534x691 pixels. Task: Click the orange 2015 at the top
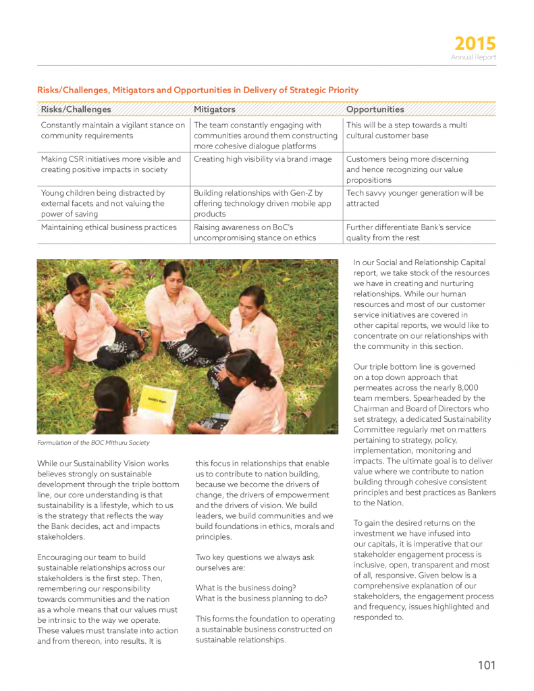pos(475,45)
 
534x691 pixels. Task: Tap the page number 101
pos(486,665)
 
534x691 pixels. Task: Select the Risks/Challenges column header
pos(76,109)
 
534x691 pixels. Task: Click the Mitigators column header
pos(215,109)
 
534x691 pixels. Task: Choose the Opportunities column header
pos(375,109)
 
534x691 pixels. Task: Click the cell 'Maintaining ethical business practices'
pos(109,227)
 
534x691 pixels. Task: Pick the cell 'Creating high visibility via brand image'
pos(263,159)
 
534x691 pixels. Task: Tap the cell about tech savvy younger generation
pos(415,198)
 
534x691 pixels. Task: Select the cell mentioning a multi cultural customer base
pos(406,131)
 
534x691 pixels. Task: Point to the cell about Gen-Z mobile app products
pos(258,203)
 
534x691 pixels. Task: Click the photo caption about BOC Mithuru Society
pos(93,443)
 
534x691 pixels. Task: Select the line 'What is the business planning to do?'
pos(261,599)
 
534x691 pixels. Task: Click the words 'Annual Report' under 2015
pos(473,58)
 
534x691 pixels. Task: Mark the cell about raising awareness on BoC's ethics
pos(253,232)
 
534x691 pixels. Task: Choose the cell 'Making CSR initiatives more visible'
pos(111,164)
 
